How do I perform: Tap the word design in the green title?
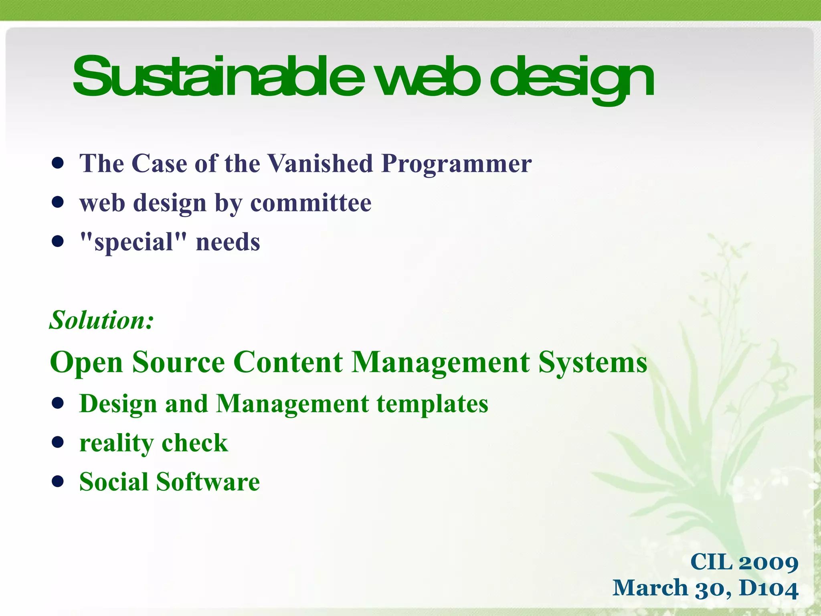coord(571,78)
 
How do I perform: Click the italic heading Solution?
coord(101,320)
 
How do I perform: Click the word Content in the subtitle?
coord(288,362)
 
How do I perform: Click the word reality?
coord(117,444)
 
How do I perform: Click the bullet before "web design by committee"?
coord(58,203)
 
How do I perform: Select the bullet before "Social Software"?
coord(58,482)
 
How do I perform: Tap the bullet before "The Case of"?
coord(58,164)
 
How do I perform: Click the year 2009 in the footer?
coord(768,562)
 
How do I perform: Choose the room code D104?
coord(768,588)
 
